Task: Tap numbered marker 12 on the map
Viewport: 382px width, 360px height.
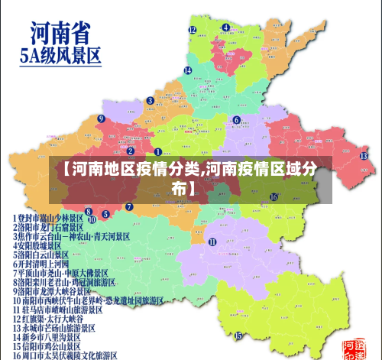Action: click(193, 30)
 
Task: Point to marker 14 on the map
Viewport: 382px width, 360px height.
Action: click(187, 70)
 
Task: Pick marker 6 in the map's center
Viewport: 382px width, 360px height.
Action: click(236, 119)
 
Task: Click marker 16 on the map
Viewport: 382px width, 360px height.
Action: click(273, 196)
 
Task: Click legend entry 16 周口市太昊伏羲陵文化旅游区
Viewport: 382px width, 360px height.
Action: click(64, 355)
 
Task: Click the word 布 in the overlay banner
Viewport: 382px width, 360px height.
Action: click(178, 186)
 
